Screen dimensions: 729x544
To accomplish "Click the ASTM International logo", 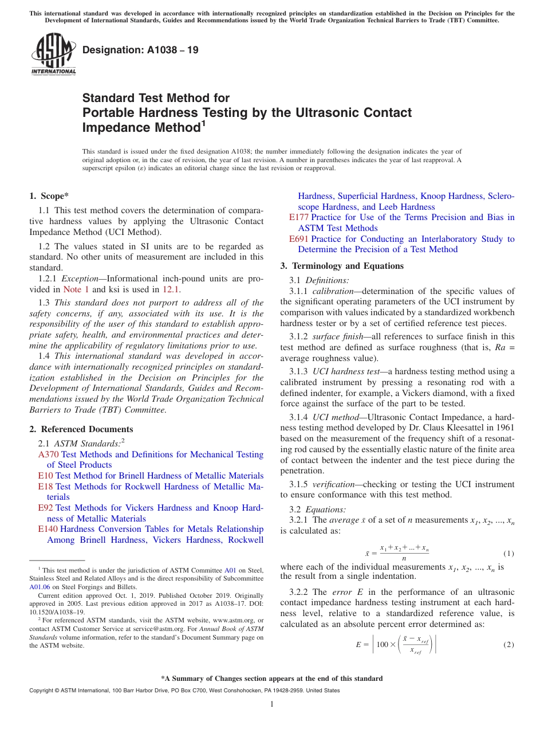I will click(x=53, y=54).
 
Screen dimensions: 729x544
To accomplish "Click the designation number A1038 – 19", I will click(x=140, y=50).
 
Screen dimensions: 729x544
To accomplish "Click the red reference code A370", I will click(x=48, y=454).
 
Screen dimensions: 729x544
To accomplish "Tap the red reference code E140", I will click(x=48, y=529).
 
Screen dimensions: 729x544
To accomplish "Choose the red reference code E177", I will click(x=299, y=217).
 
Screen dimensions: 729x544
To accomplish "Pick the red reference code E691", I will click(x=299, y=239).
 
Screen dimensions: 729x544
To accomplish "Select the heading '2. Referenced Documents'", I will click(x=81, y=429).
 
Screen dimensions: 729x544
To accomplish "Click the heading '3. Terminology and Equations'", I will click(x=342, y=266).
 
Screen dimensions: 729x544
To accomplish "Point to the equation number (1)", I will click(x=508, y=554).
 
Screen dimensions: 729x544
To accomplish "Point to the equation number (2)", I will click(x=508, y=645).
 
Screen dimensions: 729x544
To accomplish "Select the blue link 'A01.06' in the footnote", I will click(x=40, y=587).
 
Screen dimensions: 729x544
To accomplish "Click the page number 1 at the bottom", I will click(x=272, y=704).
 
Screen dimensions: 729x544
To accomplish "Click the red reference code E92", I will click(x=46, y=508).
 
